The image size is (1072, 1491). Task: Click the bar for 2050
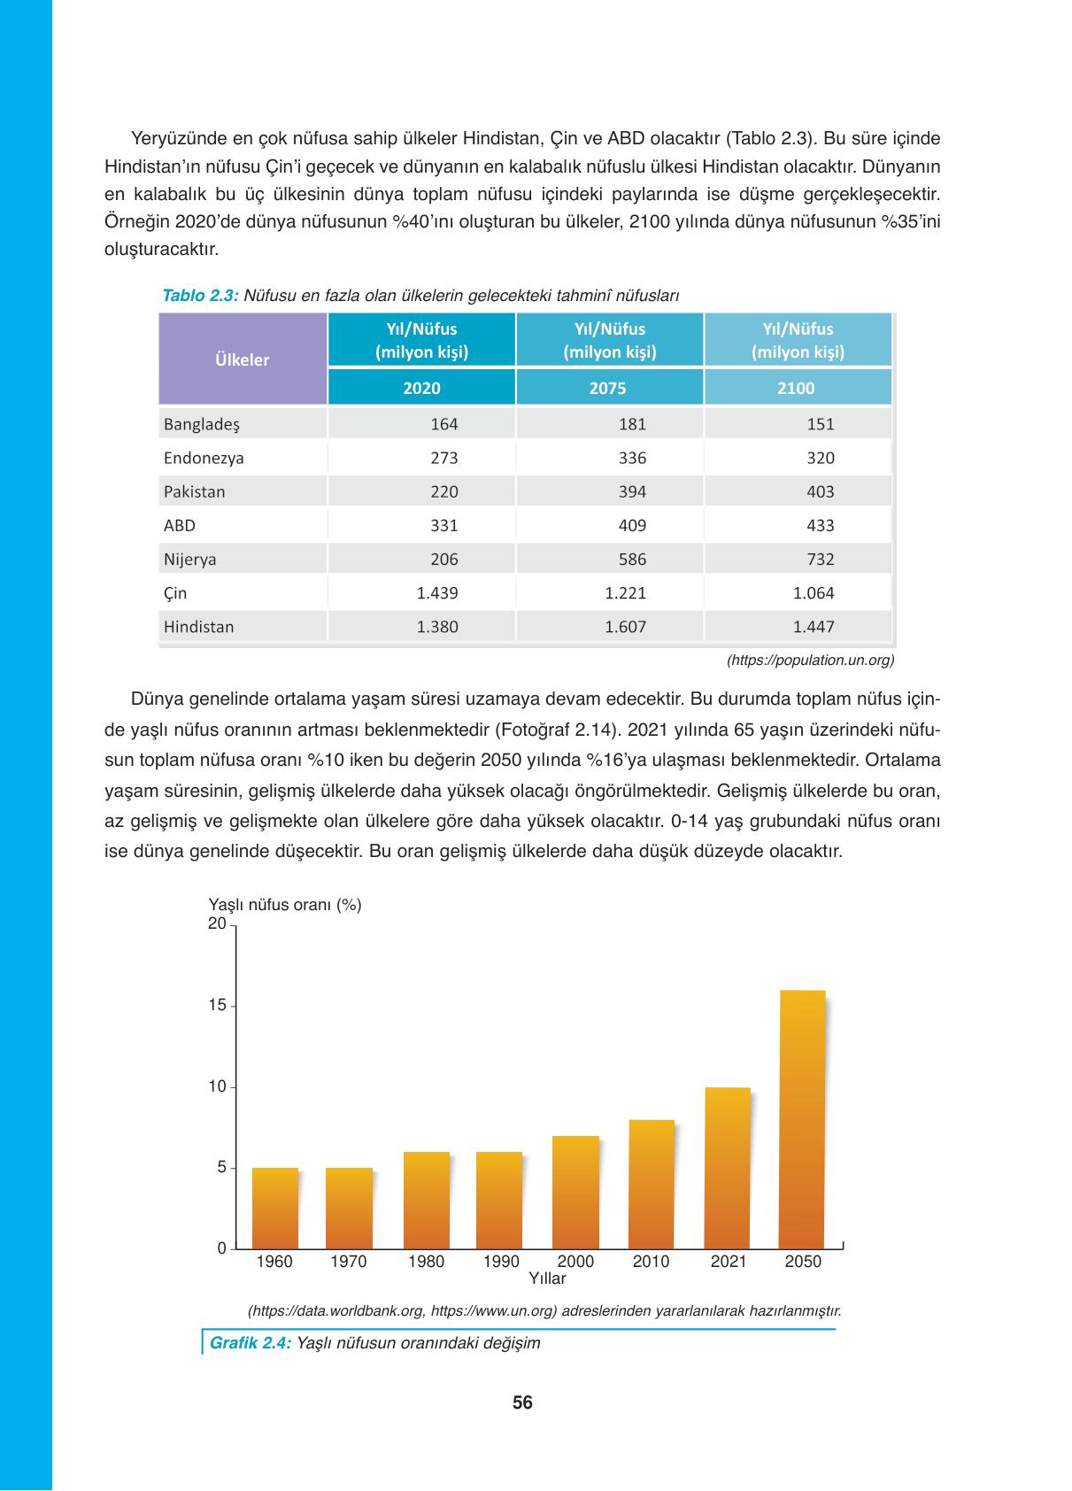(801, 1119)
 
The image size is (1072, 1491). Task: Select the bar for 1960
(275, 1208)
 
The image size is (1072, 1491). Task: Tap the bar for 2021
(727, 1167)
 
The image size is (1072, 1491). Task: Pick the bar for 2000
(575, 1192)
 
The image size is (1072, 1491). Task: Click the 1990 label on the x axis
(501, 1262)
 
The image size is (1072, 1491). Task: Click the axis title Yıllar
(547, 1279)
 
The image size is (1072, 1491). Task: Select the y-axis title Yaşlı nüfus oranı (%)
(284, 905)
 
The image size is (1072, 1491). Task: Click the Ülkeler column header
(243, 359)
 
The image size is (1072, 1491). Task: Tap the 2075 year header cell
(609, 388)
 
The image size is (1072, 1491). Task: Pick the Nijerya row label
(190, 560)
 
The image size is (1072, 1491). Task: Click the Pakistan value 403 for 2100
(821, 492)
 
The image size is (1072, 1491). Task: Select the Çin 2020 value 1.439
(437, 593)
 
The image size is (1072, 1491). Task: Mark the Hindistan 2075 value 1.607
(625, 627)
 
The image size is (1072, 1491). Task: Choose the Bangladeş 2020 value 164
(443, 424)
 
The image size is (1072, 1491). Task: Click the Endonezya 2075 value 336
(632, 459)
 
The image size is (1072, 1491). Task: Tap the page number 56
(522, 1402)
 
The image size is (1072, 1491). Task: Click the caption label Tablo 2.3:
(200, 296)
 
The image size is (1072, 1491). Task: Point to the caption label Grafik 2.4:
(251, 1343)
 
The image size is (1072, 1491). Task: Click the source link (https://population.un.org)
(810, 660)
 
